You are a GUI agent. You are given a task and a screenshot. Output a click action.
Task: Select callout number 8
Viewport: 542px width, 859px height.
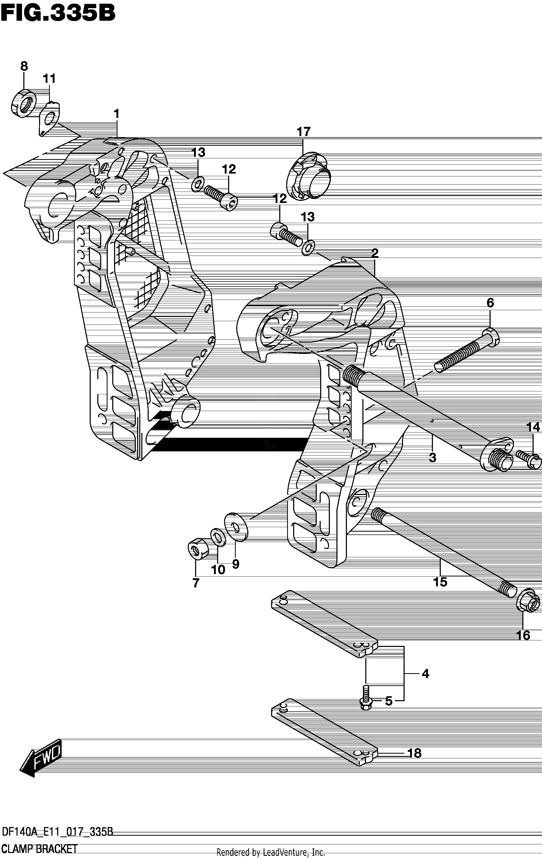point(24,66)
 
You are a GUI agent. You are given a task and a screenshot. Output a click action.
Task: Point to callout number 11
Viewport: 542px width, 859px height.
point(50,78)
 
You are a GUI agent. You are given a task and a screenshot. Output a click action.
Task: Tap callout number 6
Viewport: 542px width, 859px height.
point(490,303)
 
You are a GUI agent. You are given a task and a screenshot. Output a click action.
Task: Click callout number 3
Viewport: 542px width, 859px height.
point(432,458)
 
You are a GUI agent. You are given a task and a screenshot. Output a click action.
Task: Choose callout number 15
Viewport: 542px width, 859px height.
point(440,582)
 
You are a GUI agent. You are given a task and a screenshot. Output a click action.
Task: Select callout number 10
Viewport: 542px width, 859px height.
point(218,570)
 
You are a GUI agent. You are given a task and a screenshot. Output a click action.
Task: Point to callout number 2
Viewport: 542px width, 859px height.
point(375,253)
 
